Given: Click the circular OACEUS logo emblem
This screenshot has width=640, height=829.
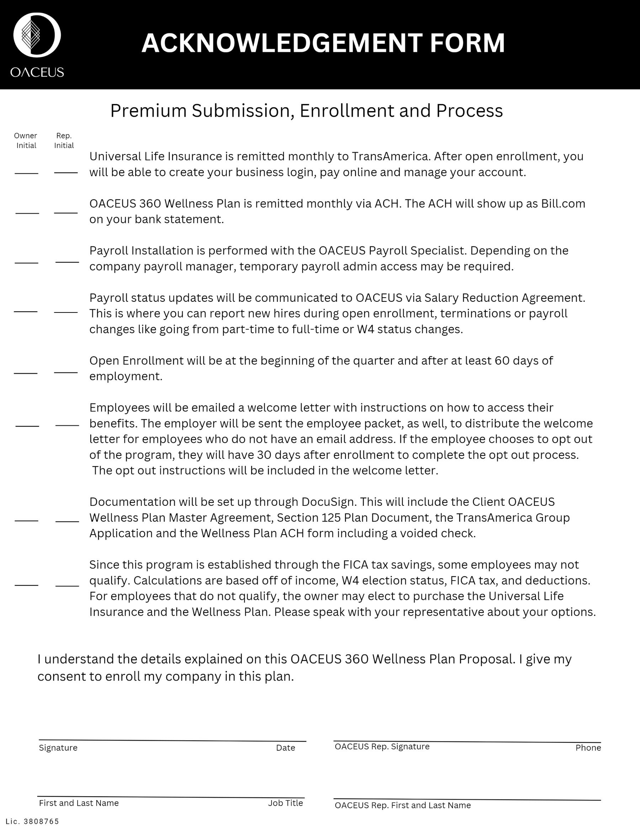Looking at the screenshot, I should pyautogui.click(x=37, y=35).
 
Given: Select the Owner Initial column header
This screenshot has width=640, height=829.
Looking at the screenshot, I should pyautogui.click(x=26, y=141).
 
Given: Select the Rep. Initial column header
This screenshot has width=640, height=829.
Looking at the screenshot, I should pyautogui.click(x=64, y=141).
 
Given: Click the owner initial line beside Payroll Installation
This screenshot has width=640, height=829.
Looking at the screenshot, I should pyautogui.click(x=27, y=262).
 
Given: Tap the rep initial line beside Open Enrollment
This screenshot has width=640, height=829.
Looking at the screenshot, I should pyautogui.click(x=65, y=372).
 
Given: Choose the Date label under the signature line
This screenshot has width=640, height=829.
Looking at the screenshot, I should pyautogui.click(x=286, y=748).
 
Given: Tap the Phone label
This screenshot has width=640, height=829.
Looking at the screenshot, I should pyautogui.click(x=588, y=748).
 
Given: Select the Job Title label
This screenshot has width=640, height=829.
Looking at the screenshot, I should pyautogui.click(x=286, y=803).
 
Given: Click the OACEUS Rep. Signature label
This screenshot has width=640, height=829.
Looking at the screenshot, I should pyautogui.click(x=382, y=747).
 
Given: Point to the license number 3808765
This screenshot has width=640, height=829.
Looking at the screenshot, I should pyautogui.click(x=41, y=822).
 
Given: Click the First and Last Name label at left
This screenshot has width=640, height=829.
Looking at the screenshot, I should pyautogui.click(x=79, y=803).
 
